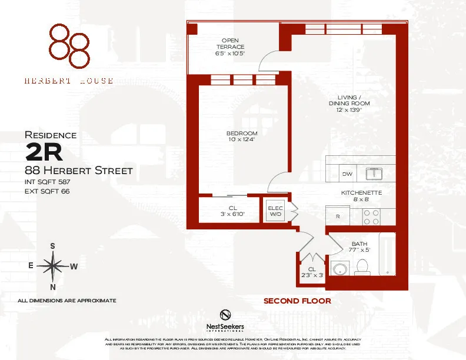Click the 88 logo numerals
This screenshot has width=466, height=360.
point(69,45)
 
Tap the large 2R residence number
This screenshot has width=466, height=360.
point(44,152)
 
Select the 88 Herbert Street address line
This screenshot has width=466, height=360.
point(78,171)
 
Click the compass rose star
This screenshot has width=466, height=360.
point(53,266)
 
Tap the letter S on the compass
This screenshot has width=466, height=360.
point(52,246)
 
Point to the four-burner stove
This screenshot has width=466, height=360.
point(372,217)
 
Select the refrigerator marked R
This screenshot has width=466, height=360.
point(338,217)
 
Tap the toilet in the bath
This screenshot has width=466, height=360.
point(361,268)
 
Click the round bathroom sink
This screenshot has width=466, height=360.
point(339,269)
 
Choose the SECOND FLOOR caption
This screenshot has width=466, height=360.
point(297,301)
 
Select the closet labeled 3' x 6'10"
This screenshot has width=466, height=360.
point(228,211)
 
